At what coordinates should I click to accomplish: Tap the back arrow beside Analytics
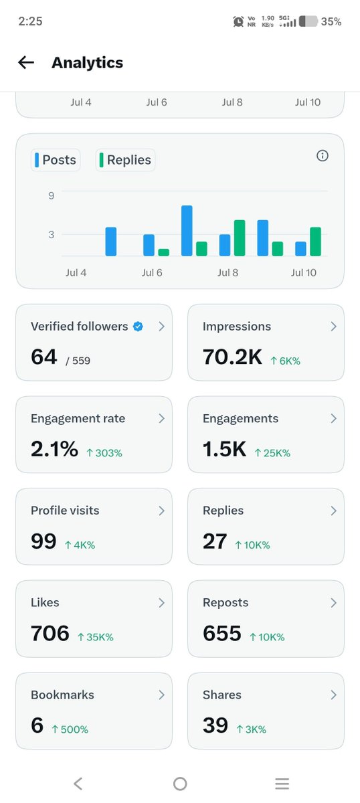tap(26, 62)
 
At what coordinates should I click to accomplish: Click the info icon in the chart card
tap(323, 155)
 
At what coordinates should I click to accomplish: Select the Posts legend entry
tap(56, 160)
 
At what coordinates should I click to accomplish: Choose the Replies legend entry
tap(125, 160)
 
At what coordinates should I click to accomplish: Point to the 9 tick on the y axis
tap(52, 195)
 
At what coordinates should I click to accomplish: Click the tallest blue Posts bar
tap(187, 230)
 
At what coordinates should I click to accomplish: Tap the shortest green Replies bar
tap(163, 252)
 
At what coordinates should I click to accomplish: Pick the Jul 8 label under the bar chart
tap(228, 273)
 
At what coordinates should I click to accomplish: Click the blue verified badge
tap(138, 327)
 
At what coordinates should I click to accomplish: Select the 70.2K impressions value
tap(232, 357)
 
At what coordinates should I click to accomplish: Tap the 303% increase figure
tap(104, 453)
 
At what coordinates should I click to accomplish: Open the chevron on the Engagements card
tap(333, 418)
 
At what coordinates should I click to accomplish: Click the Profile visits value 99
tap(43, 541)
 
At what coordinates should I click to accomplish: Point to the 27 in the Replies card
tap(215, 541)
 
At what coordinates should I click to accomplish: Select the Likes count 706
tap(50, 633)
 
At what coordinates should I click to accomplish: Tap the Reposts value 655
tap(222, 633)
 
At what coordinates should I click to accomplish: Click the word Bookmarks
tap(62, 695)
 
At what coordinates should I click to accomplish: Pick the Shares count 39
tap(215, 725)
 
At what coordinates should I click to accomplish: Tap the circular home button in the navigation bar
tap(180, 784)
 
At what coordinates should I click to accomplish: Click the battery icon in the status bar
tap(308, 21)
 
